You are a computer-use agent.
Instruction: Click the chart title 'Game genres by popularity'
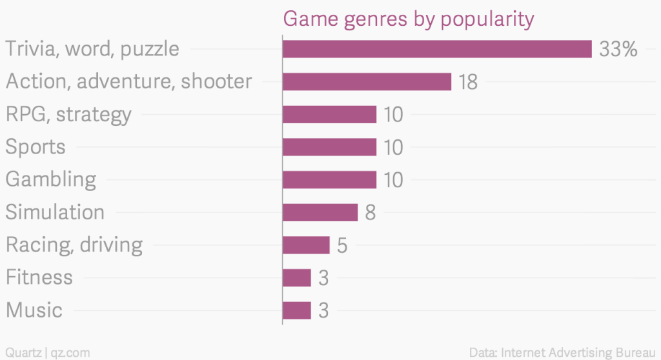click(x=408, y=19)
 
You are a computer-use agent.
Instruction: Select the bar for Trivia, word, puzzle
click(x=437, y=49)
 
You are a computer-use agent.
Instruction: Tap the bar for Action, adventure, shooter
click(x=367, y=82)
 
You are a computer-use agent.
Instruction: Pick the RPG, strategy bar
click(x=329, y=114)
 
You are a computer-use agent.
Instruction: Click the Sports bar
click(x=329, y=147)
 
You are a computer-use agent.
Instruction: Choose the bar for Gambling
click(x=329, y=179)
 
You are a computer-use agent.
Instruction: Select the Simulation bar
click(x=320, y=212)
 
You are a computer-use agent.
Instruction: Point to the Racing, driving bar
click(x=306, y=245)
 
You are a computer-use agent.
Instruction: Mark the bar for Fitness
click(x=297, y=277)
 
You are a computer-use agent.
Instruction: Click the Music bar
click(x=297, y=310)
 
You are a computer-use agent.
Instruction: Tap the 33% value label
click(x=618, y=49)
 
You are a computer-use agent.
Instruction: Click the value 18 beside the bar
click(x=467, y=82)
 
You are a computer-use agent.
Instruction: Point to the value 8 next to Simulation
click(x=370, y=212)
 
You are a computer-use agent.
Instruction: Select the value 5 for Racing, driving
click(x=342, y=245)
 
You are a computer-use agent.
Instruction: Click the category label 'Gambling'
click(x=51, y=179)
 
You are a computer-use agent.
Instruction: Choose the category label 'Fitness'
click(x=39, y=277)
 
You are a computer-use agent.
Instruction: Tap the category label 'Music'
click(x=34, y=310)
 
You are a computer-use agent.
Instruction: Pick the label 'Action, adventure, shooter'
click(x=128, y=82)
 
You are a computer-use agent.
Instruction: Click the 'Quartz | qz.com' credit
click(x=46, y=352)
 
